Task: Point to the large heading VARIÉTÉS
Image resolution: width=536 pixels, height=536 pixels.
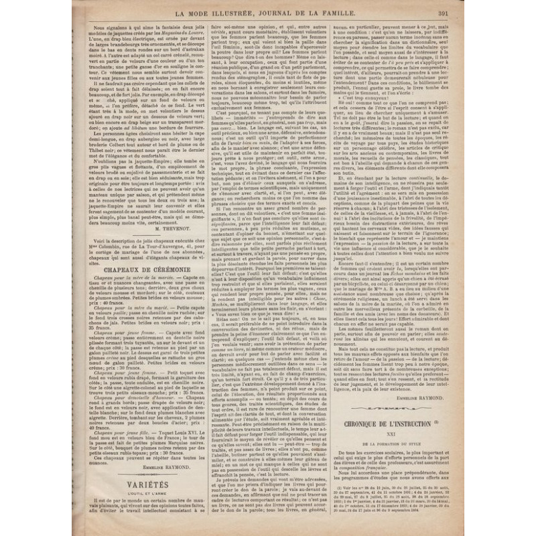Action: [131, 484]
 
